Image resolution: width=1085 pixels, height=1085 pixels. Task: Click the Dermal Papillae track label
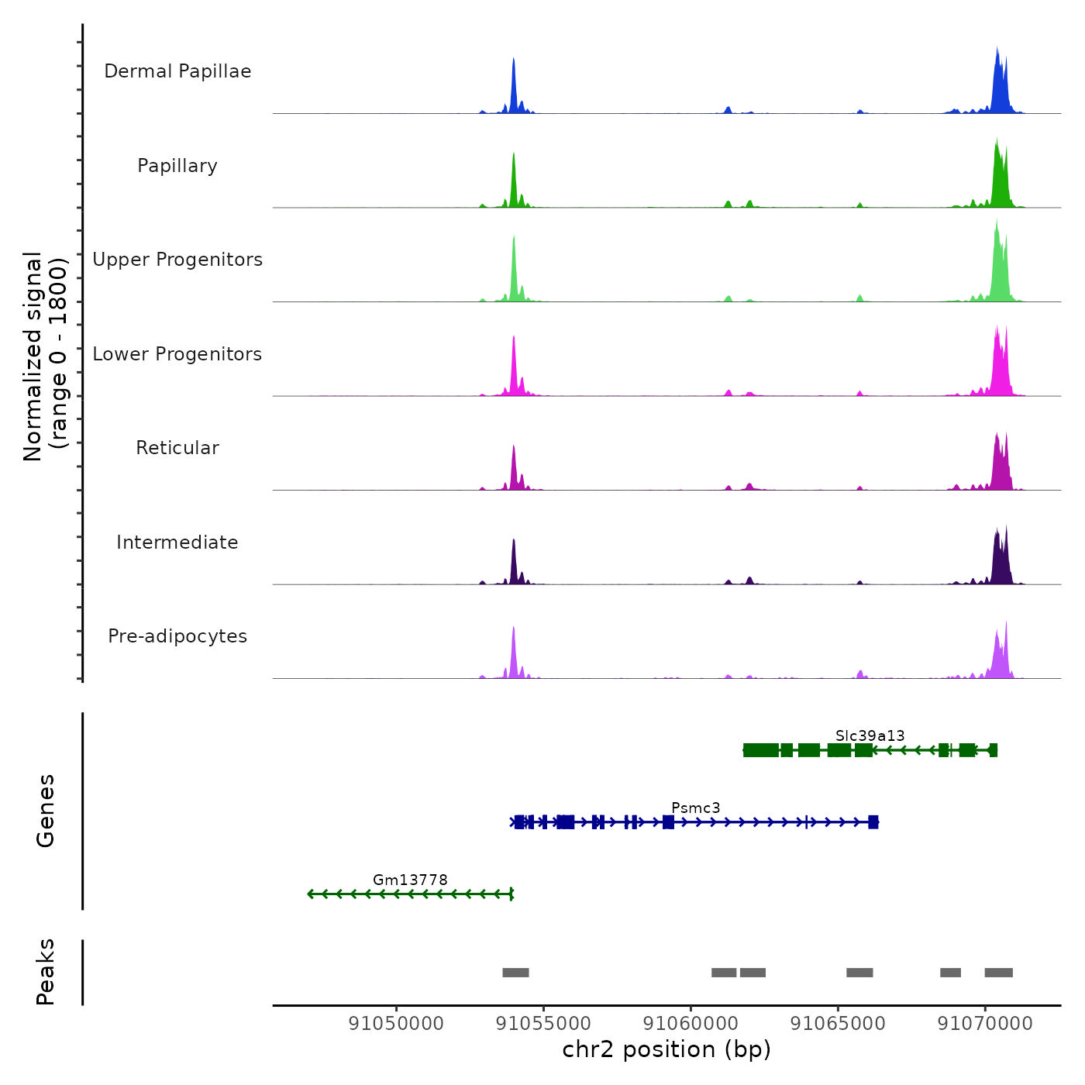click(177, 71)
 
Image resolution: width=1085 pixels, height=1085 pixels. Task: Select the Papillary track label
click(177, 166)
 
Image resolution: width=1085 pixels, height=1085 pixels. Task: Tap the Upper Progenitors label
click(177, 260)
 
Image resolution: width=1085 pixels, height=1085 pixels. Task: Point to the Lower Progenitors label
click(177, 354)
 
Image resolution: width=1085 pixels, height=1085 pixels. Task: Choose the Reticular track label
click(177, 448)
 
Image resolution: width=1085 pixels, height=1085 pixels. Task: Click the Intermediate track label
click(177, 542)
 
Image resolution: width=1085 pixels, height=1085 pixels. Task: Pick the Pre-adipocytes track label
click(177, 636)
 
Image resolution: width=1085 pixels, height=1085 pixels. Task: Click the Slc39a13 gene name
click(870, 735)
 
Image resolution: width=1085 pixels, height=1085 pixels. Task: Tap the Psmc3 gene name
click(695, 808)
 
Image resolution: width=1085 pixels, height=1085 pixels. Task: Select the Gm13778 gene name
click(410, 880)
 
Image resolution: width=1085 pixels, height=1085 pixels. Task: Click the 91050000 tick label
click(396, 1024)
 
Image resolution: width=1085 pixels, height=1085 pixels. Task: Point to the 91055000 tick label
click(543, 1024)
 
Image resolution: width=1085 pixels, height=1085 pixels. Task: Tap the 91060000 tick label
click(691, 1024)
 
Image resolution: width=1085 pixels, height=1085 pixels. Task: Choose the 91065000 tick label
click(838, 1024)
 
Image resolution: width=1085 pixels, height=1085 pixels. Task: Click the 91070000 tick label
click(985, 1024)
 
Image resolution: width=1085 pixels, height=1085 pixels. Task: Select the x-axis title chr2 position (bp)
click(666, 1049)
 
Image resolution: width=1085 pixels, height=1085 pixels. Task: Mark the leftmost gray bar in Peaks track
click(515, 973)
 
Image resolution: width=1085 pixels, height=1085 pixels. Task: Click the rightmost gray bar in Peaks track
click(998, 973)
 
